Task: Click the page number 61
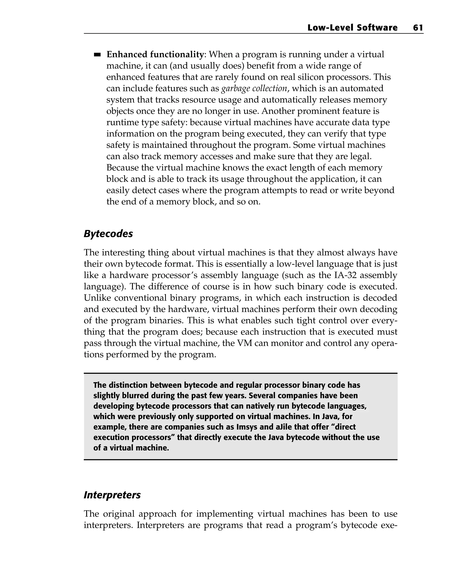pyautogui.click(x=418, y=28)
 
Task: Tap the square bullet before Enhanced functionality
pyautogui.click(x=97, y=55)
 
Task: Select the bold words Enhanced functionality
pyautogui.click(x=155, y=55)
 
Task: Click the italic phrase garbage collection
pyautogui.click(x=254, y=89)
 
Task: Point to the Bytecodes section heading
pyautogui.click(x=108, y=233)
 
